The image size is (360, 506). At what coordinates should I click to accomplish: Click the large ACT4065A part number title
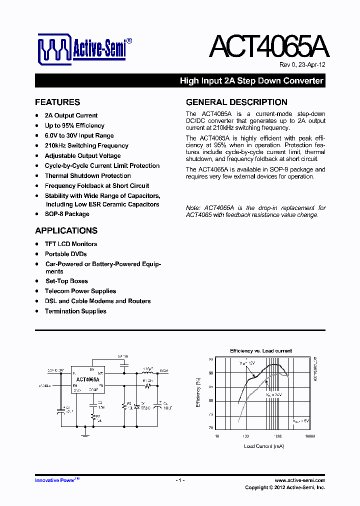coord(268,47)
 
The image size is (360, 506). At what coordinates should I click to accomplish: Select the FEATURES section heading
coord(57,102)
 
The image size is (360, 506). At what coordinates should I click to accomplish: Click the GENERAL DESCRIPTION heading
coord(236,102)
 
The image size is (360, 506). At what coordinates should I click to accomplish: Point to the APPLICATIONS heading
coord(66,231)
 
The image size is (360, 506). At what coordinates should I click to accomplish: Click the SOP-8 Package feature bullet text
coord(67,214)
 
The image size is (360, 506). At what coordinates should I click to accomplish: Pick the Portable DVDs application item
coord(65,254)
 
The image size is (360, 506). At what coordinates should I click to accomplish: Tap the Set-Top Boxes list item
coord(66,281)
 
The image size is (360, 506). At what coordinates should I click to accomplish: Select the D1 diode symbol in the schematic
coord(138,406)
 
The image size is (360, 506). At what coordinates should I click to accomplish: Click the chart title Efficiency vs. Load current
coord(260,351)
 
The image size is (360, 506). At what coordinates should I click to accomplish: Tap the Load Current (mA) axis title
coord(263,446)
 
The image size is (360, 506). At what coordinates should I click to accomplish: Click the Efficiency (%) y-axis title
coord(198,392)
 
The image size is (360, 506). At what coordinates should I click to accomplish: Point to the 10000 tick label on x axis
coord(309,436)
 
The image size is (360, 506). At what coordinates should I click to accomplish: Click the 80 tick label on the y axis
coord(211,400)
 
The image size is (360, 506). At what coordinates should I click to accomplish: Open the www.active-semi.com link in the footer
coord(300,480)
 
